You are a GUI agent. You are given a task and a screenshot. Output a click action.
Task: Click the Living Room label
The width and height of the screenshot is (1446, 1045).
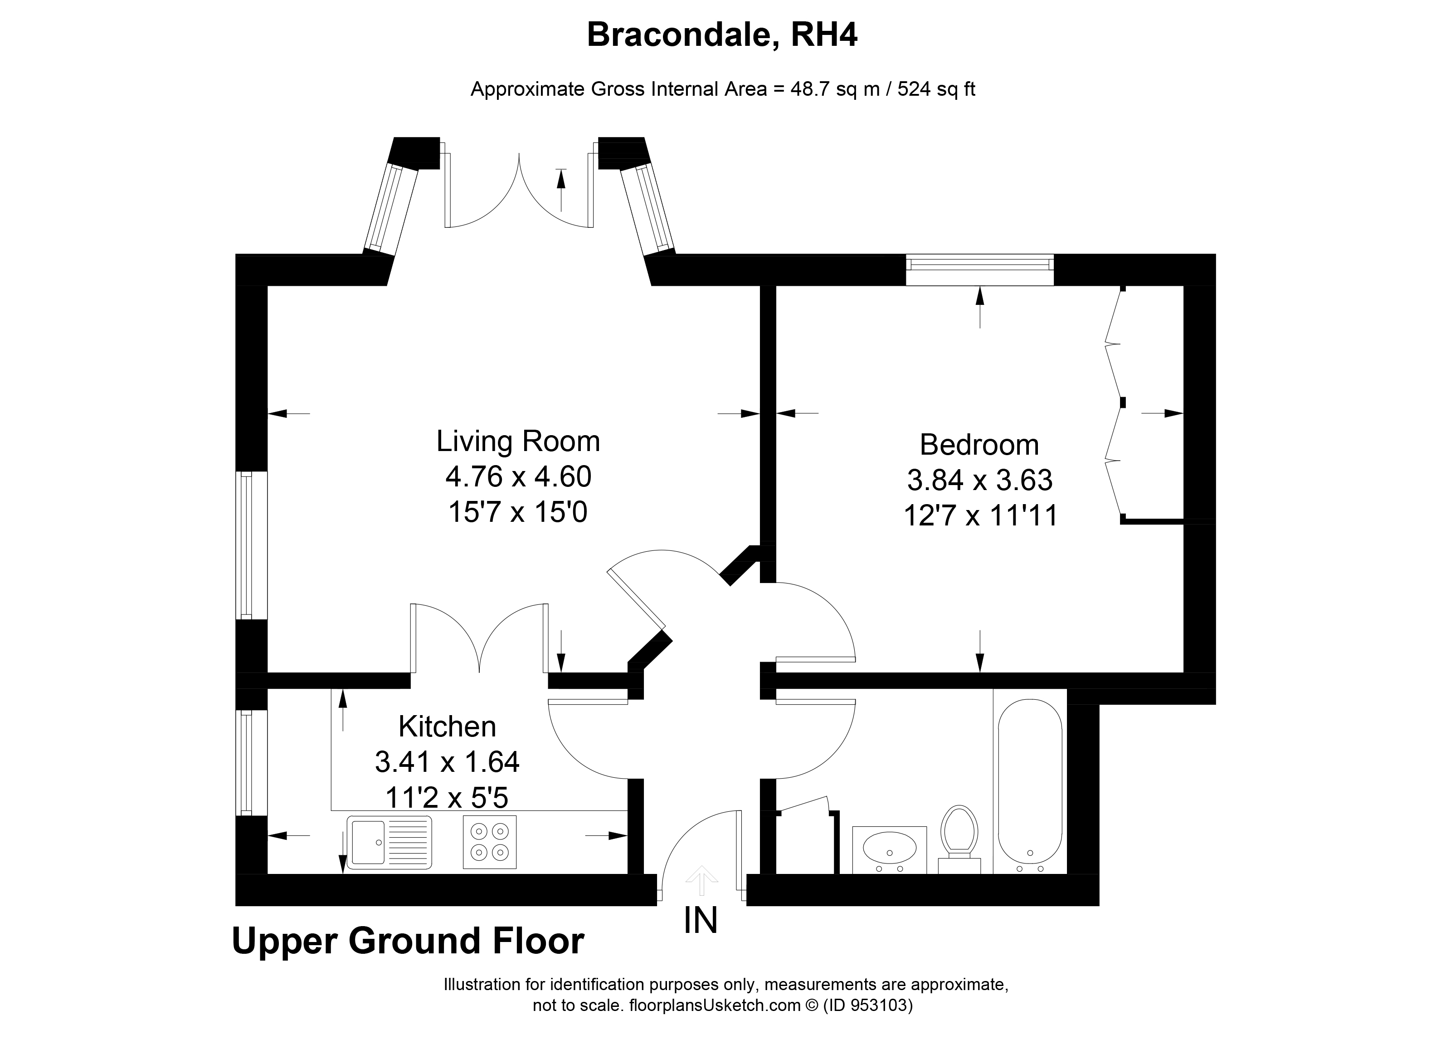click(x=518, y=442)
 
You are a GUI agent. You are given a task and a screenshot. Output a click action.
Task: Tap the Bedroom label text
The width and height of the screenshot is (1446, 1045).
click(x=979, y=445)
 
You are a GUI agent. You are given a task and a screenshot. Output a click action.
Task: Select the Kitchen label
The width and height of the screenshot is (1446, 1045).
click(x=447, y=726)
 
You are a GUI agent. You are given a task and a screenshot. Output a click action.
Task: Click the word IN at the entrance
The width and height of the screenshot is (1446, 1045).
click(x=701, y=921)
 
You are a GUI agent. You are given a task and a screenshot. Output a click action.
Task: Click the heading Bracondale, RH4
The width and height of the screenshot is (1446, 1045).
click(x=722, y=34)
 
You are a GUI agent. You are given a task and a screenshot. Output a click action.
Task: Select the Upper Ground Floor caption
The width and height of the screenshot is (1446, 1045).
click(x=408, y=941)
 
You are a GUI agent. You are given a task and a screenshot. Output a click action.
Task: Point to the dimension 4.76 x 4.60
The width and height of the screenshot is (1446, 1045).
click(x=518, y=476)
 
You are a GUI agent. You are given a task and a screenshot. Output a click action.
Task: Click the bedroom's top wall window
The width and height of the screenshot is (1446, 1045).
click(x=979, y=269)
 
